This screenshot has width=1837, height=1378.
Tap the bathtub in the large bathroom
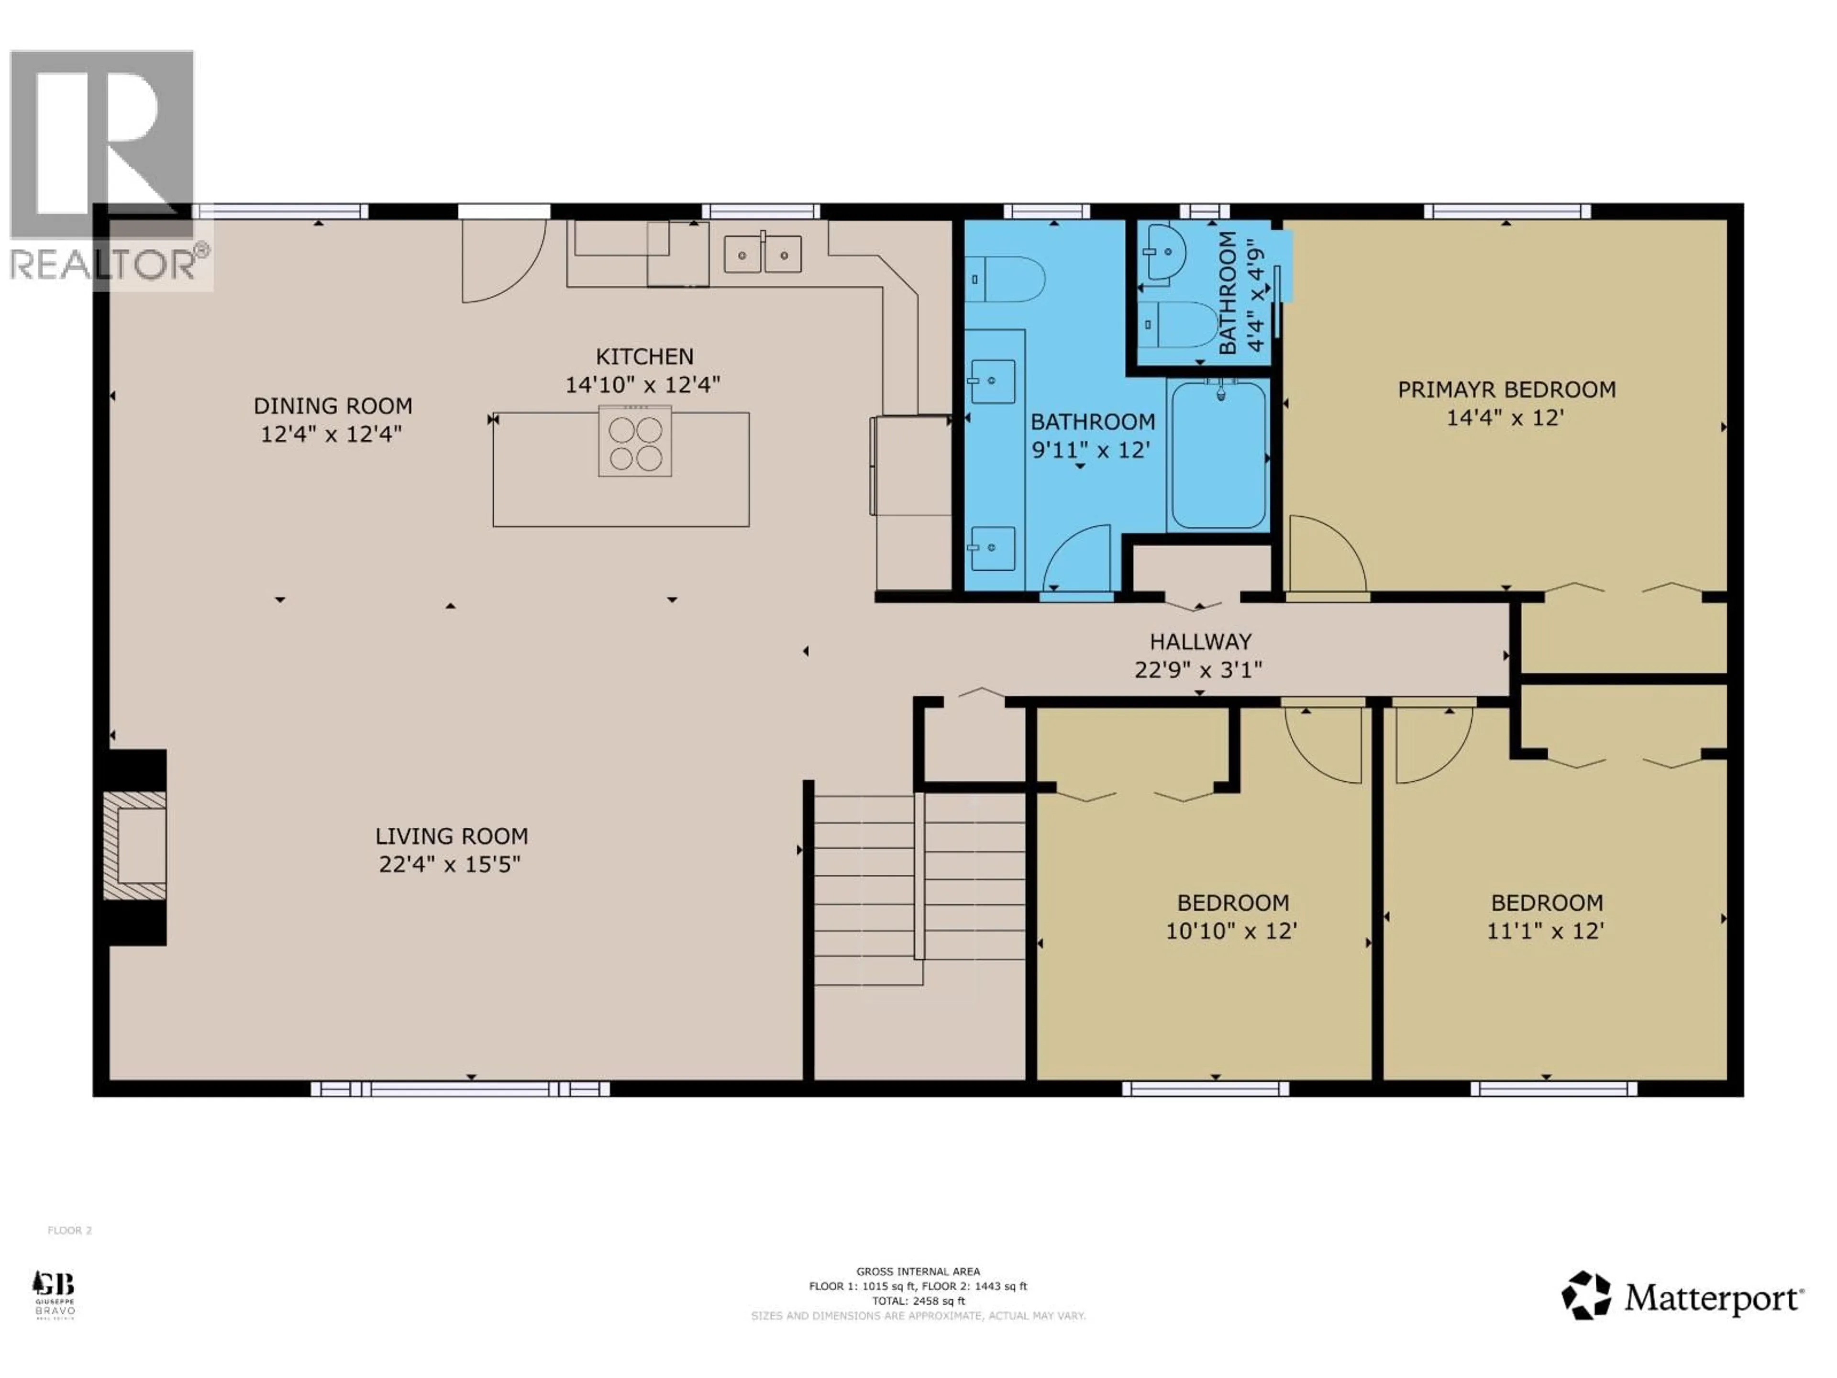click(x=1218, y=455)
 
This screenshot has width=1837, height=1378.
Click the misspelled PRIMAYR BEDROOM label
click(x=1505, y=389)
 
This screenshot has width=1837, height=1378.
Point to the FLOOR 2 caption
click(x=70, y=1230)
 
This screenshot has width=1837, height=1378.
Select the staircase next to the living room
click(x=918, y=889)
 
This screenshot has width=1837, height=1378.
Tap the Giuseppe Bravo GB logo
click(x=54, y=1293)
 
